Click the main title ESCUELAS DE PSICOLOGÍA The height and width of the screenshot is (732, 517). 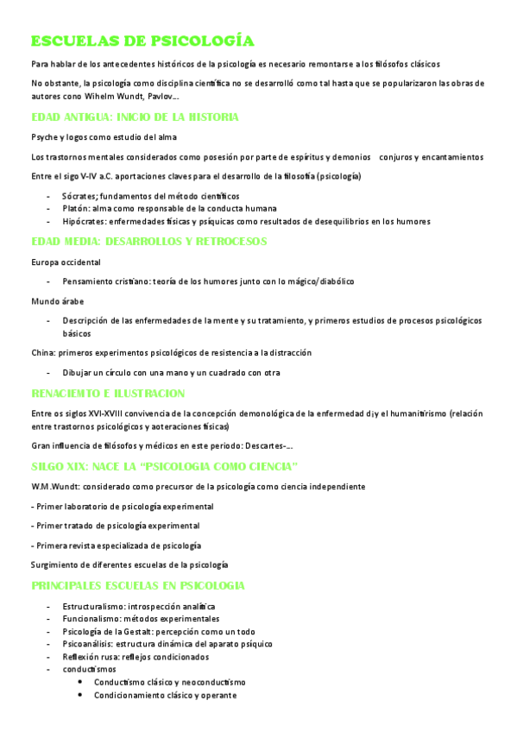tap(142, 41)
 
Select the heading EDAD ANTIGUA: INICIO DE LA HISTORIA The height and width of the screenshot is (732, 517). tap(134, 117)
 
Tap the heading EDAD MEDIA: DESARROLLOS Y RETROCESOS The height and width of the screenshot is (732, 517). tap(148, 241)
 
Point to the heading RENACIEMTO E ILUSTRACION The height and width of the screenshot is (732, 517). tap(108, 393)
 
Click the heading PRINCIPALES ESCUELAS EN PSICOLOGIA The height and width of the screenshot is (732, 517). tap(137, 585)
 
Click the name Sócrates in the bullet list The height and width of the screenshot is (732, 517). tap(79, 196)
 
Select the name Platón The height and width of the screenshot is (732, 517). tap(75, 208)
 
